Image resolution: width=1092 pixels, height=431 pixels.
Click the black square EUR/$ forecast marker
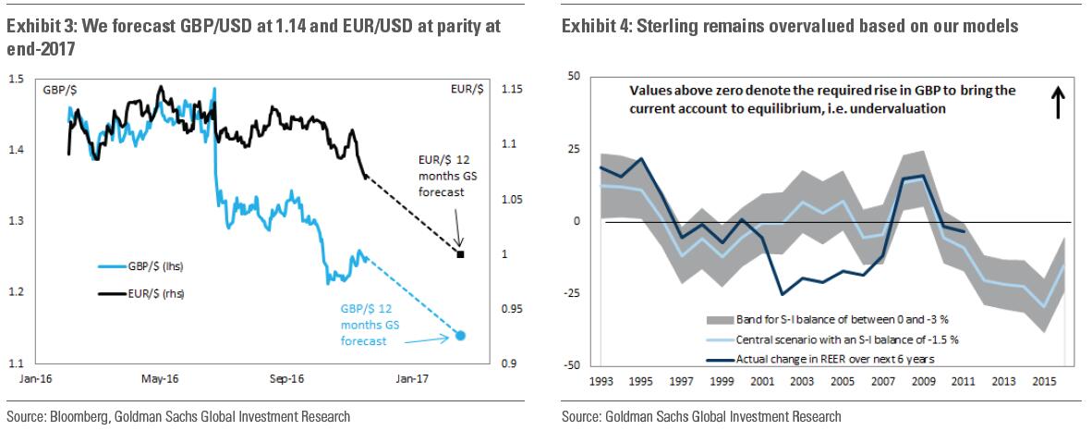tap(460, 253)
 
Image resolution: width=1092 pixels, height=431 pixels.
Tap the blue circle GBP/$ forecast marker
tap(461, 336)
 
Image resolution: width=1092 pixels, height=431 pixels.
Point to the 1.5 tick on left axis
tap(17, 80)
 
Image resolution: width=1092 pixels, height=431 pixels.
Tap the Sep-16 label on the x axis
tap(287, 378)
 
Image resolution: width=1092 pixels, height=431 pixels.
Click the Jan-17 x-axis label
tap(412, 378)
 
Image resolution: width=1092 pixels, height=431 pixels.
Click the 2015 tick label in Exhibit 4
tap(1045, 380)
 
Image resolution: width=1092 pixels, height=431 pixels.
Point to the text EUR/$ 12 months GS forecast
tap(439, 176)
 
